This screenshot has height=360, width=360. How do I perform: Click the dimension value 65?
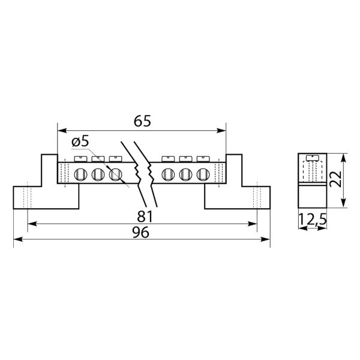point(142,121)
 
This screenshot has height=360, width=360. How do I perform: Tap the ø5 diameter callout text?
point(80,142)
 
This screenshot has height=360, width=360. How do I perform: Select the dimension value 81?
point(145,217)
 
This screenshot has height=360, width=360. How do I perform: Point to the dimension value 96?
point(141,232)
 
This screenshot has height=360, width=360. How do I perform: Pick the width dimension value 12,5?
point(312,220)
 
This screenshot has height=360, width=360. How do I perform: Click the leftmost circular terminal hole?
point(80,175)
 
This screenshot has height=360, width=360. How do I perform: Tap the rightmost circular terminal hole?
point(203,175)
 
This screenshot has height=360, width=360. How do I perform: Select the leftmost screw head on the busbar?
point(80,159)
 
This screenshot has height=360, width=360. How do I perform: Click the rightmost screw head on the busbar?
point(203,159)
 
